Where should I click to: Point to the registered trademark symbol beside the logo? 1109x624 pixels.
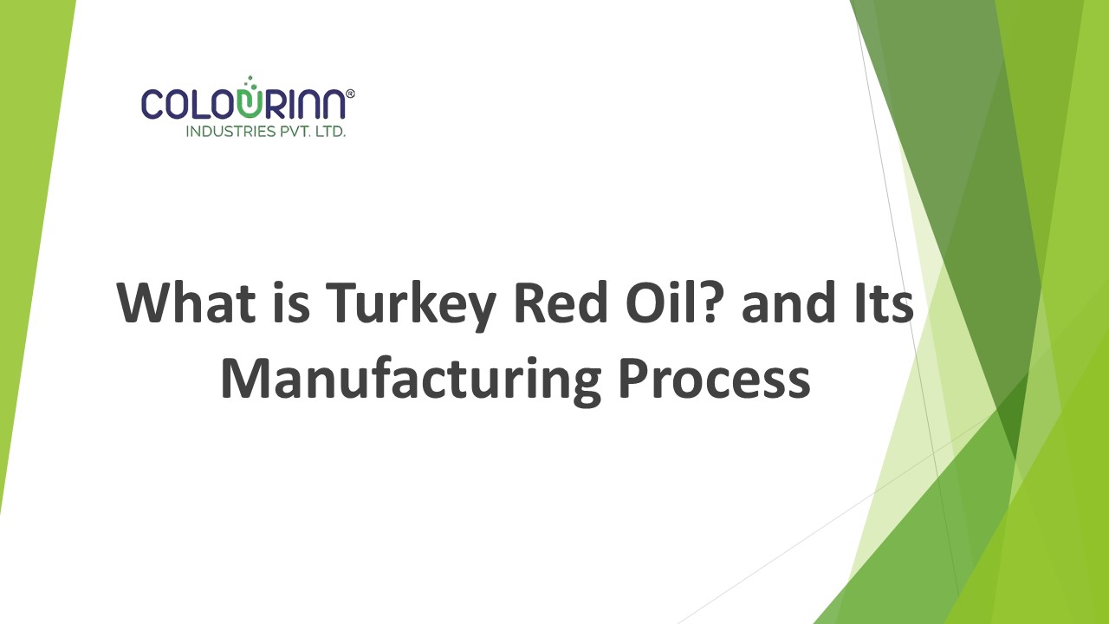[x=350, y=93]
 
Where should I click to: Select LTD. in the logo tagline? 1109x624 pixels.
[x=327, y=132]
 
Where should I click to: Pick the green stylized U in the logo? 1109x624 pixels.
[x=250, y=102]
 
